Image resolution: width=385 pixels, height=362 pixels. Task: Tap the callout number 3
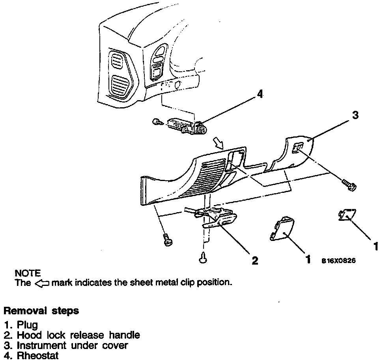pyautogui.click(x=355, y=115)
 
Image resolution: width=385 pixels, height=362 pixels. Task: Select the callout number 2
pyautogui.click(x=255, y=260)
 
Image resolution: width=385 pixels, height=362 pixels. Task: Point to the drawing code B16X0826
pyautogui.click(x=338, y=261)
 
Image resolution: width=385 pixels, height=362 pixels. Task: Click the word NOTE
pyautogui.click(x=27, y=273)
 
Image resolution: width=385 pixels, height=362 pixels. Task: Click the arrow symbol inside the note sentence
pyautogui.click(x=42, y=283)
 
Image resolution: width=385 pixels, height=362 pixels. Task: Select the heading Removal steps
pyautogui.click(x=41, y=311)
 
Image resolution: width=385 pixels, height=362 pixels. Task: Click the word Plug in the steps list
pyautogui.click(x=27, y=325)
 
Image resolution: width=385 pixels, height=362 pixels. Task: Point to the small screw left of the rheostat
pyautogui.click(x=156, y=122)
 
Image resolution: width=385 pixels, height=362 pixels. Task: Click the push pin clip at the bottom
pyautogui.click(x=204, y=258)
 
